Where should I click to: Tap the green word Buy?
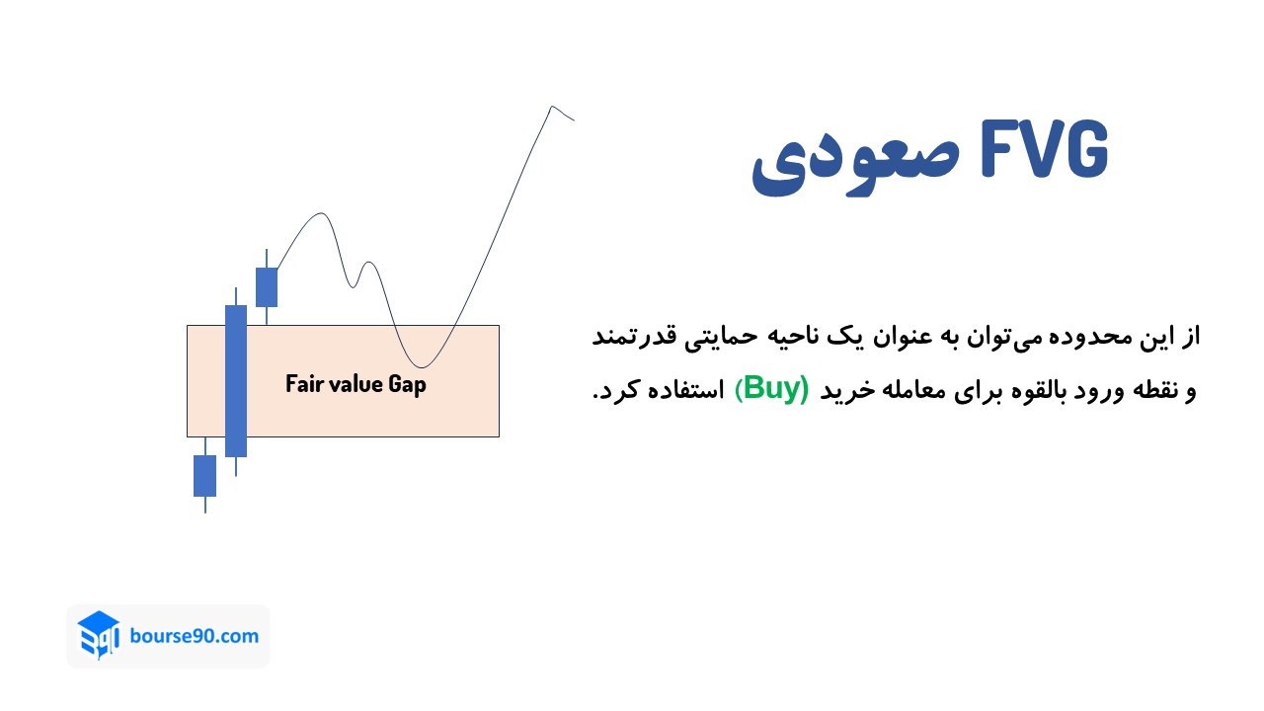click(775, 388)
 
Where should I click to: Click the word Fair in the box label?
click(304, 383)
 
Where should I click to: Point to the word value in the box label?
click(355, 383)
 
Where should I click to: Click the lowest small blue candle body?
click(204, 475)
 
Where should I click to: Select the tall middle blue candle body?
click(235, 380)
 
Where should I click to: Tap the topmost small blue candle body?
click(267, 287)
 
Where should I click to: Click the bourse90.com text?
click(195, 635)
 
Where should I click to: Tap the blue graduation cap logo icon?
click(99, 635)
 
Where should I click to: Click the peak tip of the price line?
click(552, 107)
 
